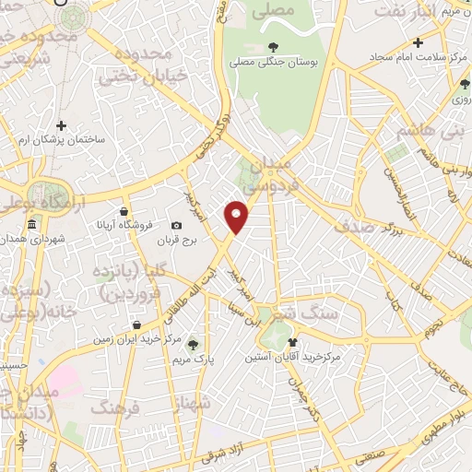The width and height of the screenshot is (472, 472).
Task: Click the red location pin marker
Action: (x=237, y=217)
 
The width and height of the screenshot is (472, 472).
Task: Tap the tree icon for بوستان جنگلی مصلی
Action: (x=273, y=47)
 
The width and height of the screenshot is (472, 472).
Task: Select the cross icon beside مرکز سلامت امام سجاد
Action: (x=418, y=42)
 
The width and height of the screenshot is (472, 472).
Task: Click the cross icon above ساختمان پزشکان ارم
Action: (x=62, y=125)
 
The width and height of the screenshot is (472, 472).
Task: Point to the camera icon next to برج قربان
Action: (x=176, y=226)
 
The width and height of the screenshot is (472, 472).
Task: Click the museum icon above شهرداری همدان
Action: (x=32, y=225)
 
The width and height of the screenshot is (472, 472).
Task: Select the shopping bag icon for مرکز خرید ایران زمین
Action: (x=136, y=324)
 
